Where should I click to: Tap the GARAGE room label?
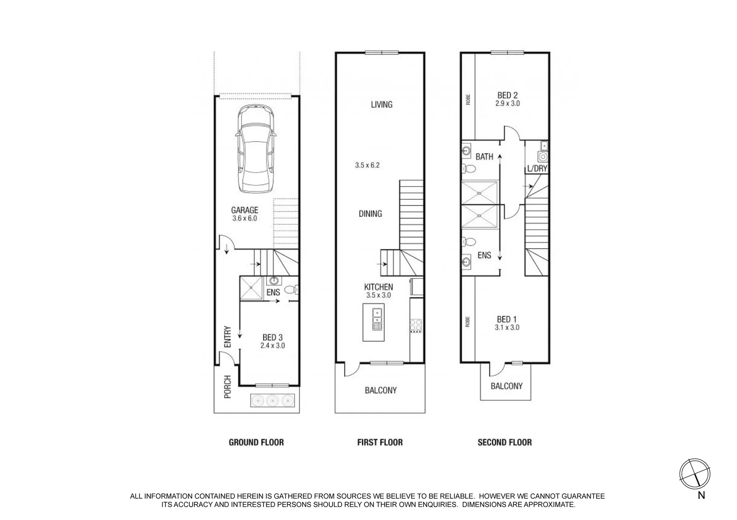(244, 210)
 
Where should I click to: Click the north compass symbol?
(695, 472)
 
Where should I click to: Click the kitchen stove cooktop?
(415, 326)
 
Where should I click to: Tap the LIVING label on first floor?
(381, 104)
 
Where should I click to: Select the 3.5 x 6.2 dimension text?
(367, 165)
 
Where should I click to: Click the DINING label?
(370, 213)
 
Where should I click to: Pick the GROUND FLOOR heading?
(256, 442)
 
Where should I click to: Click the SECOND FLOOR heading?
(504, 442)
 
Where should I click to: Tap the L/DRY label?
(537, 169)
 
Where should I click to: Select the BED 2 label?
(508, 96)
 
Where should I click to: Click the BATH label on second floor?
(484, 156)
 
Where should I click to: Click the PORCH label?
(228, 387)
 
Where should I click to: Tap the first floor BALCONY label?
(380, 390)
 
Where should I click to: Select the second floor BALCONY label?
(506, 386)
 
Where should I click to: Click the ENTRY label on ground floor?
(228, 337)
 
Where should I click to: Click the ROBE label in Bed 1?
(468, 321)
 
